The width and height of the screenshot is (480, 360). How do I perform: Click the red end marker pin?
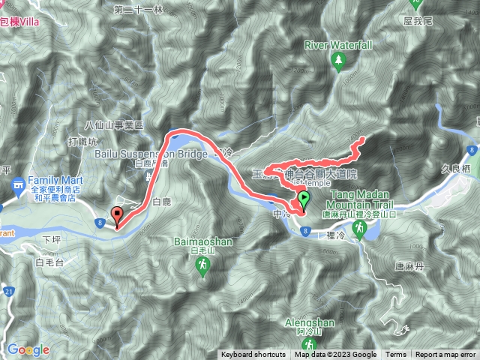pos(118,216)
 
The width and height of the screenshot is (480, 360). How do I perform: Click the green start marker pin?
pos(304,200)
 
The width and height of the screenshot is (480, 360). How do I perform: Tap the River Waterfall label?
pos(338,45)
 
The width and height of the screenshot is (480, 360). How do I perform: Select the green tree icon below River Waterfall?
pos(338,61)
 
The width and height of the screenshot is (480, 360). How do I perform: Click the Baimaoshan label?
pos(203,242)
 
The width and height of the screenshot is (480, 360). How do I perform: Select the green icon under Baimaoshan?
pos(203,268)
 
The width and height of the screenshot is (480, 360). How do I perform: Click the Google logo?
pos(28,349)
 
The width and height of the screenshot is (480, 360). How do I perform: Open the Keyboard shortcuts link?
pos(253,355)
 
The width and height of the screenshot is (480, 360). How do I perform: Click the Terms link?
pos(396,355)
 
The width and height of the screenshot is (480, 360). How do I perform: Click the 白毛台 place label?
pos(50,262)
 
